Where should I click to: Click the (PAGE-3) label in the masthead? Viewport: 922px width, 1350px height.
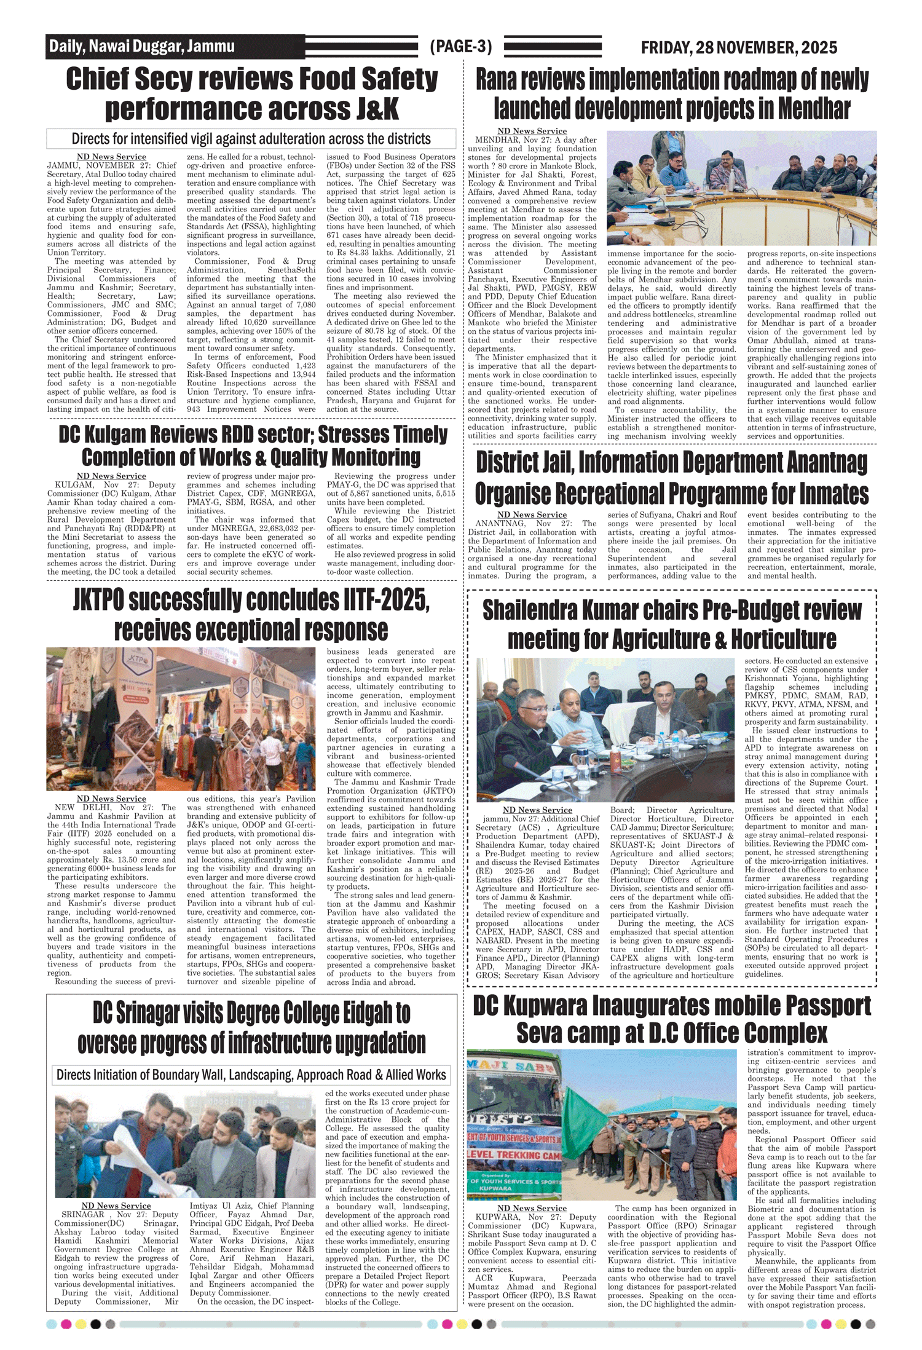click(460, 47)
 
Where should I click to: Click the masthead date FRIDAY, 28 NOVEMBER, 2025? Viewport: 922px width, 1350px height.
click(739, 47)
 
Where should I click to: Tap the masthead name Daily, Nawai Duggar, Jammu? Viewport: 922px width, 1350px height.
click(142, 46)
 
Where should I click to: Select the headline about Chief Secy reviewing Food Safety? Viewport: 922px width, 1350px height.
click(252, 94)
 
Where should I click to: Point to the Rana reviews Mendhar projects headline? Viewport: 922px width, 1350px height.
click(672, 94)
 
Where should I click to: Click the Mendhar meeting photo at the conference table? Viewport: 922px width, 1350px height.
click(741, 188)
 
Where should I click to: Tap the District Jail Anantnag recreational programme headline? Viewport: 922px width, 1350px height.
click(672, 478)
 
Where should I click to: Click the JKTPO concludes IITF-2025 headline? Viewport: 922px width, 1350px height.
click(251, 615)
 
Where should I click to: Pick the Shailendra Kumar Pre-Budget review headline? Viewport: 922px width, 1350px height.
click(672, 625)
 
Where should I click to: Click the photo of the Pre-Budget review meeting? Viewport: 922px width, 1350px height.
click(605, 729)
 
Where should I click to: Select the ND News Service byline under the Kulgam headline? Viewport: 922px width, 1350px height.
click(111, 476)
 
